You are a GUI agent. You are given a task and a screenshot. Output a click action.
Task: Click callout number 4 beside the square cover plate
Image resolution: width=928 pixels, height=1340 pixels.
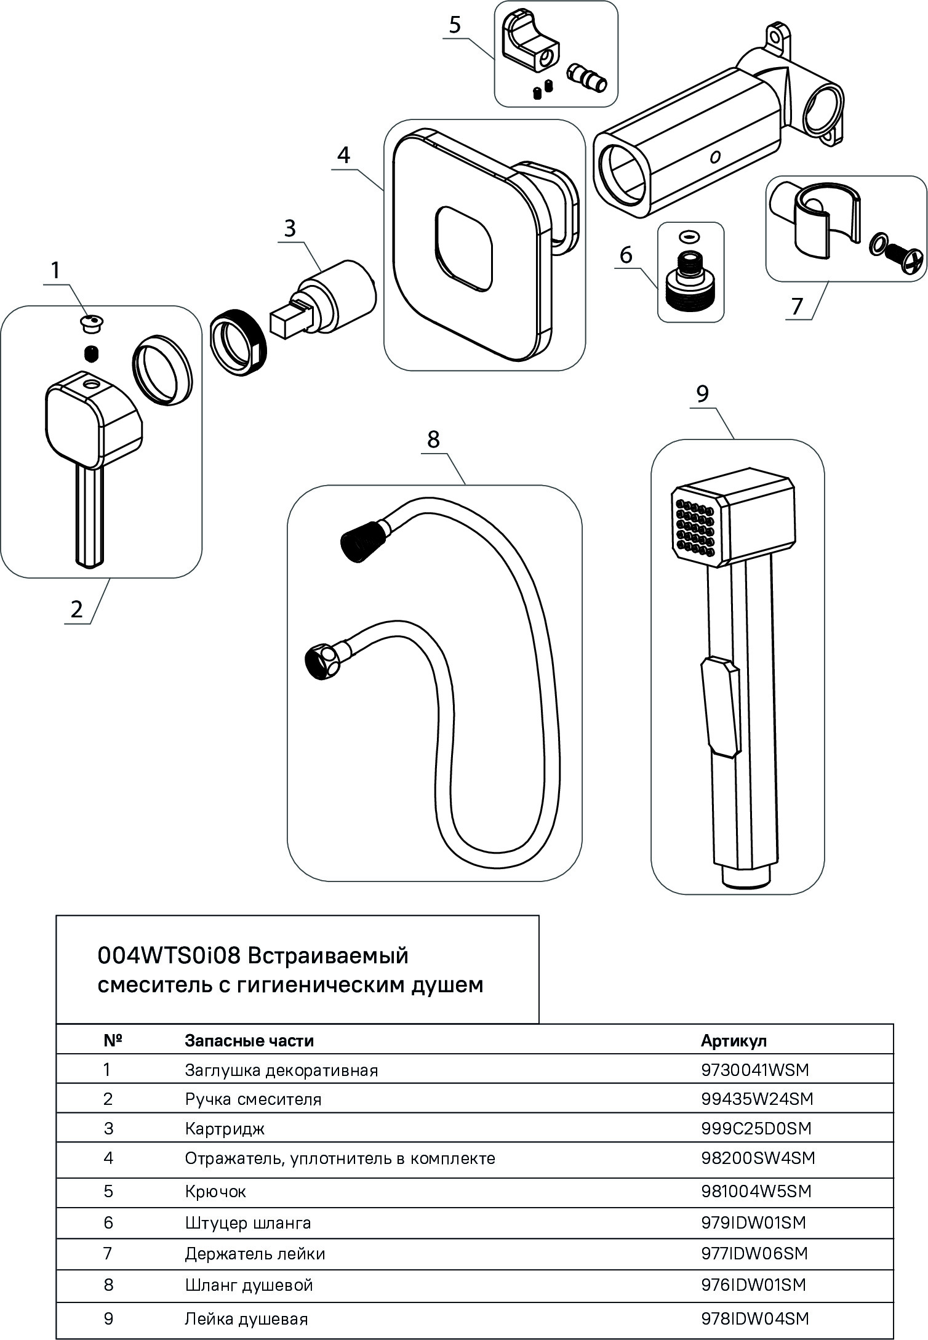pos(343,154)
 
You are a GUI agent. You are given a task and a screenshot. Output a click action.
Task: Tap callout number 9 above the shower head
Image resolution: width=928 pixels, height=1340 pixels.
pos(703,394)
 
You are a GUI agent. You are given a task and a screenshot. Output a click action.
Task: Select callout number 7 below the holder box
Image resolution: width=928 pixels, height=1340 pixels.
pos(798,306)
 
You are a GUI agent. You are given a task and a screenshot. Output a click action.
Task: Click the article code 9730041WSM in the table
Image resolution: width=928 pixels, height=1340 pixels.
pos(754,1070)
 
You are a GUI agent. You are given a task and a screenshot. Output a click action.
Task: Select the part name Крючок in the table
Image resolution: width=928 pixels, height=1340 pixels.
pos(215,1191)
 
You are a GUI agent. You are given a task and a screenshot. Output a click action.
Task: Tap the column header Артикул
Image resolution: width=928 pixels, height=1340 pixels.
pos(734,1040)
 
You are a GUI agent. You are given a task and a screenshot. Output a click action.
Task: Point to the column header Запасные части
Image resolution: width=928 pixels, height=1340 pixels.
pos(249,1040)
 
